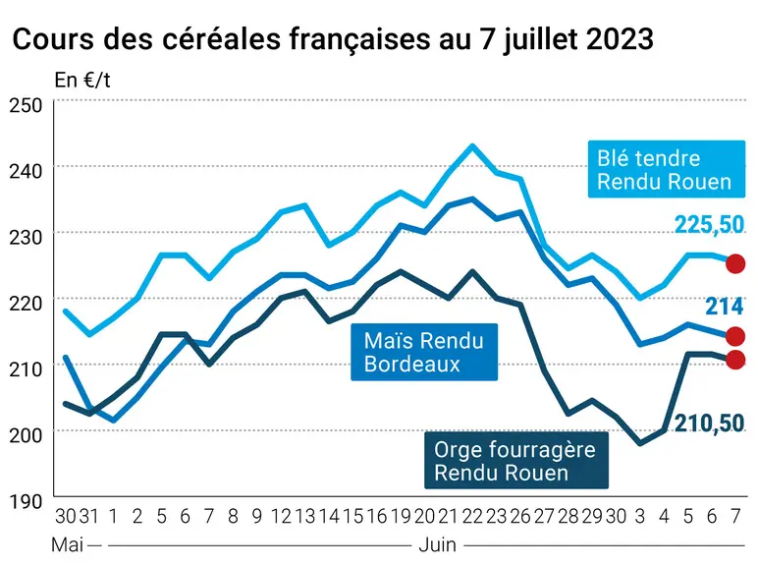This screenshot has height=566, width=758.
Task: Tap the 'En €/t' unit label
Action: click(82, 81)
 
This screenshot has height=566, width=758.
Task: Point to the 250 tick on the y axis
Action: click(26, 105)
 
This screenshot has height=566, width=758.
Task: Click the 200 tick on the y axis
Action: click(26, 435)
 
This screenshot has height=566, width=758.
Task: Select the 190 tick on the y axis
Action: click(26, 501)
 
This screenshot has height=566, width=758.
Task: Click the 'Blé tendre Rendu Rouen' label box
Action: click(666, 169)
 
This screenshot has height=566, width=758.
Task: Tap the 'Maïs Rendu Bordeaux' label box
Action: click(424, 352)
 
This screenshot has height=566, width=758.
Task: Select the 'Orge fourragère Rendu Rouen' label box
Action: click(515, 461)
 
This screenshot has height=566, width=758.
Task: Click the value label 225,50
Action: click(709, 224)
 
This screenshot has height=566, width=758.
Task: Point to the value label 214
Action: click(725, 307)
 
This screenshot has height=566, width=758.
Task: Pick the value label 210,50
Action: click(709, 424)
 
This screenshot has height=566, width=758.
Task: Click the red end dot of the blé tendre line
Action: click(735, 263)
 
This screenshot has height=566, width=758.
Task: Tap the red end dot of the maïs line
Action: click(735, 336)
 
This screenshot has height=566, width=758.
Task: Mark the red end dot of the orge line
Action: click(735, 360)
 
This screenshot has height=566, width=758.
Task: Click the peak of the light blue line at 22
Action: click(472, 145)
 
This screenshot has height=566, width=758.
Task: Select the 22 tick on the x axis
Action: click(472, 517)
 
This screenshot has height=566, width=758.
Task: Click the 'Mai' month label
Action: click(67, 545)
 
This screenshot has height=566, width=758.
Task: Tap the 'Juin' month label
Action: click(437, 545)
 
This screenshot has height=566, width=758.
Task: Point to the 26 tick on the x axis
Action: click(520, 517)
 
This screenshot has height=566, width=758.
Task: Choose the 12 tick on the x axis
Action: click(281, 517)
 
